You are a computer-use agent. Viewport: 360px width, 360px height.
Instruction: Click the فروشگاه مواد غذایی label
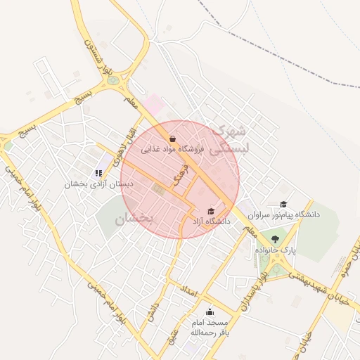point(173,149)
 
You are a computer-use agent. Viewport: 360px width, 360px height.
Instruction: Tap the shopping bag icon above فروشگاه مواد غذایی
point(173,139)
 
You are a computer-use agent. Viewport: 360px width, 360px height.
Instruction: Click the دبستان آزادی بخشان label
point(98,184)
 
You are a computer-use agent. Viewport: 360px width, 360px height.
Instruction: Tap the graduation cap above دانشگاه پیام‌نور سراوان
point(283,204)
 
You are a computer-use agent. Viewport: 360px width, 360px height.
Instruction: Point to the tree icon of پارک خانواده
point(274,239)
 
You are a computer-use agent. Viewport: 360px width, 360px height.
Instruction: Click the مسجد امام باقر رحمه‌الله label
point(209,328)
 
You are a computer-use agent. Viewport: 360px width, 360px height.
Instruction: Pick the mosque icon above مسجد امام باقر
point(209,312)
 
